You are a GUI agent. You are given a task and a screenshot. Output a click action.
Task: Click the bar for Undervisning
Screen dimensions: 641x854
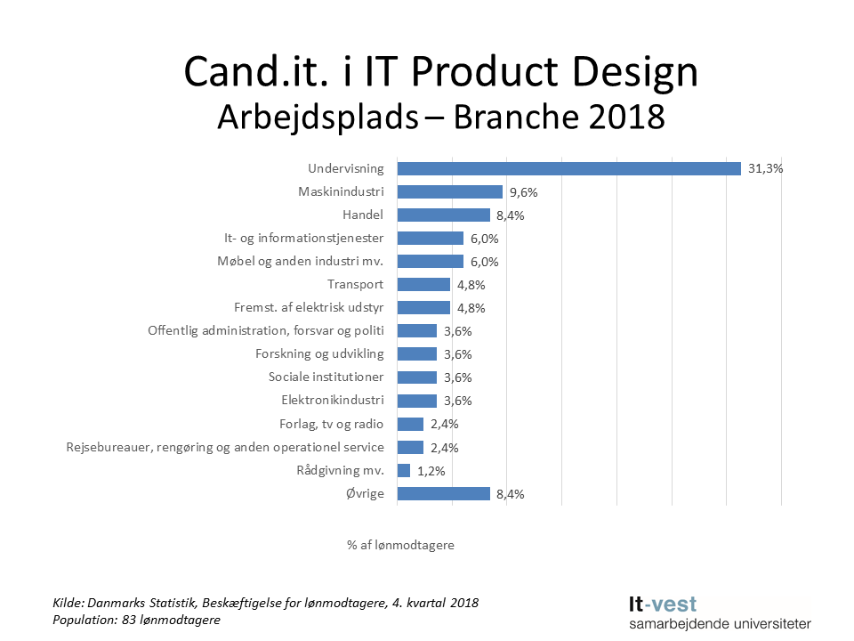[568, 168]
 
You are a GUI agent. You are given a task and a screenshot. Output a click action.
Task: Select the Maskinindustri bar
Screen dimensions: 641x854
[449, 191]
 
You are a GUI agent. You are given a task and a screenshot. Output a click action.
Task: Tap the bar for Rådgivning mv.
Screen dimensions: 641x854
[403, 470]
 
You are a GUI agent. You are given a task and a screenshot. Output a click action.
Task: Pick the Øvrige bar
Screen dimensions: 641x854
[443, 493]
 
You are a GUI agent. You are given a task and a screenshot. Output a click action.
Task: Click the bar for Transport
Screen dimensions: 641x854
[423, 284]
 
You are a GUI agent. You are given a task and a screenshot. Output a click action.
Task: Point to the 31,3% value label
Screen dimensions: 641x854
[765, 168]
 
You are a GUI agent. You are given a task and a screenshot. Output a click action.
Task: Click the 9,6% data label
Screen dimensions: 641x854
[524, 191]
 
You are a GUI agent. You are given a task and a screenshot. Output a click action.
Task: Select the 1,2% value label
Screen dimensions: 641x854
[431, 470]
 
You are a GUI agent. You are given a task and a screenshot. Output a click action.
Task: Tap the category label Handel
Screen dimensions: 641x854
[363, 215]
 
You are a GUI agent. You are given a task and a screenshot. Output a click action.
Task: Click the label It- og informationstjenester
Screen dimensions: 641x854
[304, 238]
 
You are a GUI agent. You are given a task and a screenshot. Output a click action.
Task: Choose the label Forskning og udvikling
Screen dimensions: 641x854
[320, 353]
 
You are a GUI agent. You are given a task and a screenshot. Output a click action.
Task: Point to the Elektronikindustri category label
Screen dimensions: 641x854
[333, 401]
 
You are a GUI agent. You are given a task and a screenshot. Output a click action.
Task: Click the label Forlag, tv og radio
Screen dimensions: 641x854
[331, 424]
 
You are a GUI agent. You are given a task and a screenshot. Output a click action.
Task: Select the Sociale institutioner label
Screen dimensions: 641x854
[326, 377]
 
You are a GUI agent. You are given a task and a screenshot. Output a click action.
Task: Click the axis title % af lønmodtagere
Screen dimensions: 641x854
[400, 545]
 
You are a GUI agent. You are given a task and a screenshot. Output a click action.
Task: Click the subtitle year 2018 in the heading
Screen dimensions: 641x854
[622, 116]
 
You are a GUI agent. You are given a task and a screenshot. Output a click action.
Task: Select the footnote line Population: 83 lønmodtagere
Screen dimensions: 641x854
[136, 620]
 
